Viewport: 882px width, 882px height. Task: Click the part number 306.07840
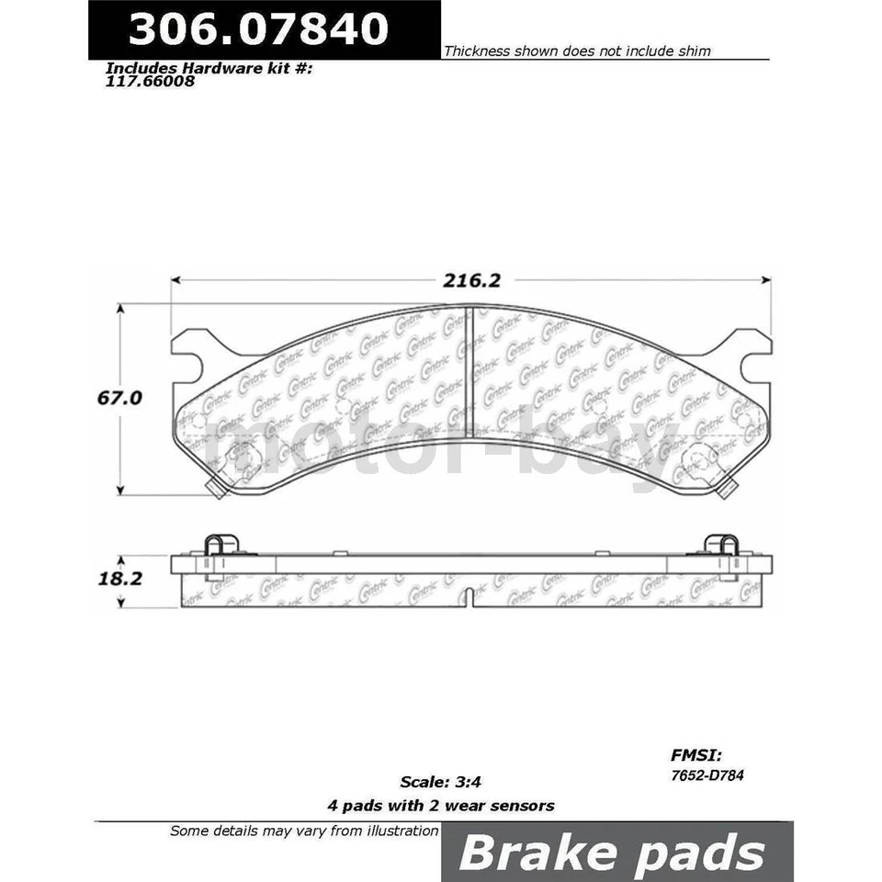pyautogui.click(x=258, y=29)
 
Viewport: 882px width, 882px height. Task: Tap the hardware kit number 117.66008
pyautogui.click(x=150, y=80)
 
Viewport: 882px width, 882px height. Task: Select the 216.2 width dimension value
pyautogui.click(x=469, y=280)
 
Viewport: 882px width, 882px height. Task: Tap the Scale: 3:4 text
pyautogui.click(x=441, y=783)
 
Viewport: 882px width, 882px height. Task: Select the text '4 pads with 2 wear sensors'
pyautogui.click(x=441, y=806)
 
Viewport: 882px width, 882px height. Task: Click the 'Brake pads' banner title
pyautogui.click(x=611, y=853)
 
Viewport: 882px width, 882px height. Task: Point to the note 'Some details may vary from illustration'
pyautogui.click(x=304, y=831)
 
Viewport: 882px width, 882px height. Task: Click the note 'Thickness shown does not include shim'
pyautogui.click(x=577, y=51)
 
